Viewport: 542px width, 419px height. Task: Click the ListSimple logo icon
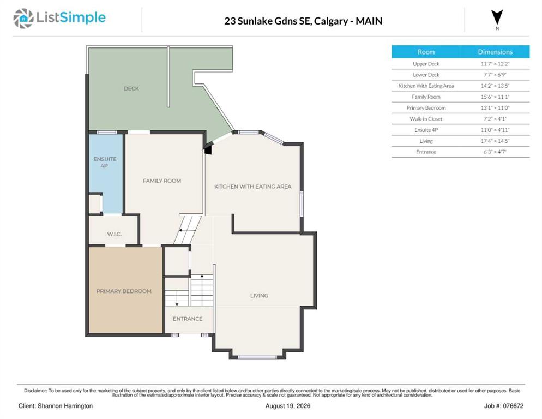(x=23, y=19)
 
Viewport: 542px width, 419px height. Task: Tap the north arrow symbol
(x=497, y=17)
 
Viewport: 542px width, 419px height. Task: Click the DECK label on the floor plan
(x=131, y=88)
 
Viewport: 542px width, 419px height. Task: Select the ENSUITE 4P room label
(x=105, y=162)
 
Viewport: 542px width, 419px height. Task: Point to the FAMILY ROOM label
(x=162, y=181)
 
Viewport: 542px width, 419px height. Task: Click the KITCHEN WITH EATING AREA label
(x=252, y=187)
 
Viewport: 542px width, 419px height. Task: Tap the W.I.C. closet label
(x=114, y=234)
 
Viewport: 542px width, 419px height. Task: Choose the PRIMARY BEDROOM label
(x=124, y=291)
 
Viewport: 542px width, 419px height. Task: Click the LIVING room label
(x=259, y=296)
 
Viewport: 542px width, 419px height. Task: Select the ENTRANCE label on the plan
(x=188, y=319)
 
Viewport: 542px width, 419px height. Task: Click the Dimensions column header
(x=495, y=52)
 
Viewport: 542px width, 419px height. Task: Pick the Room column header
(x=426, y=52)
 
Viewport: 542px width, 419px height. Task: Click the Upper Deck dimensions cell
(x=495, y=64)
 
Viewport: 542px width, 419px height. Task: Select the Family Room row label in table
(x=426, y=97)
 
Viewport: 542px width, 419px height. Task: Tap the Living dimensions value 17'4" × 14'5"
(x=495, y=141)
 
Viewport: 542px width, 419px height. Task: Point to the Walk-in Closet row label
(x=426, y=119)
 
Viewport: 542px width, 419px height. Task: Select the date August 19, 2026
(x=287, y=406)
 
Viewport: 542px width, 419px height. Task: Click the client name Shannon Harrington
(x=65, y=406)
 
